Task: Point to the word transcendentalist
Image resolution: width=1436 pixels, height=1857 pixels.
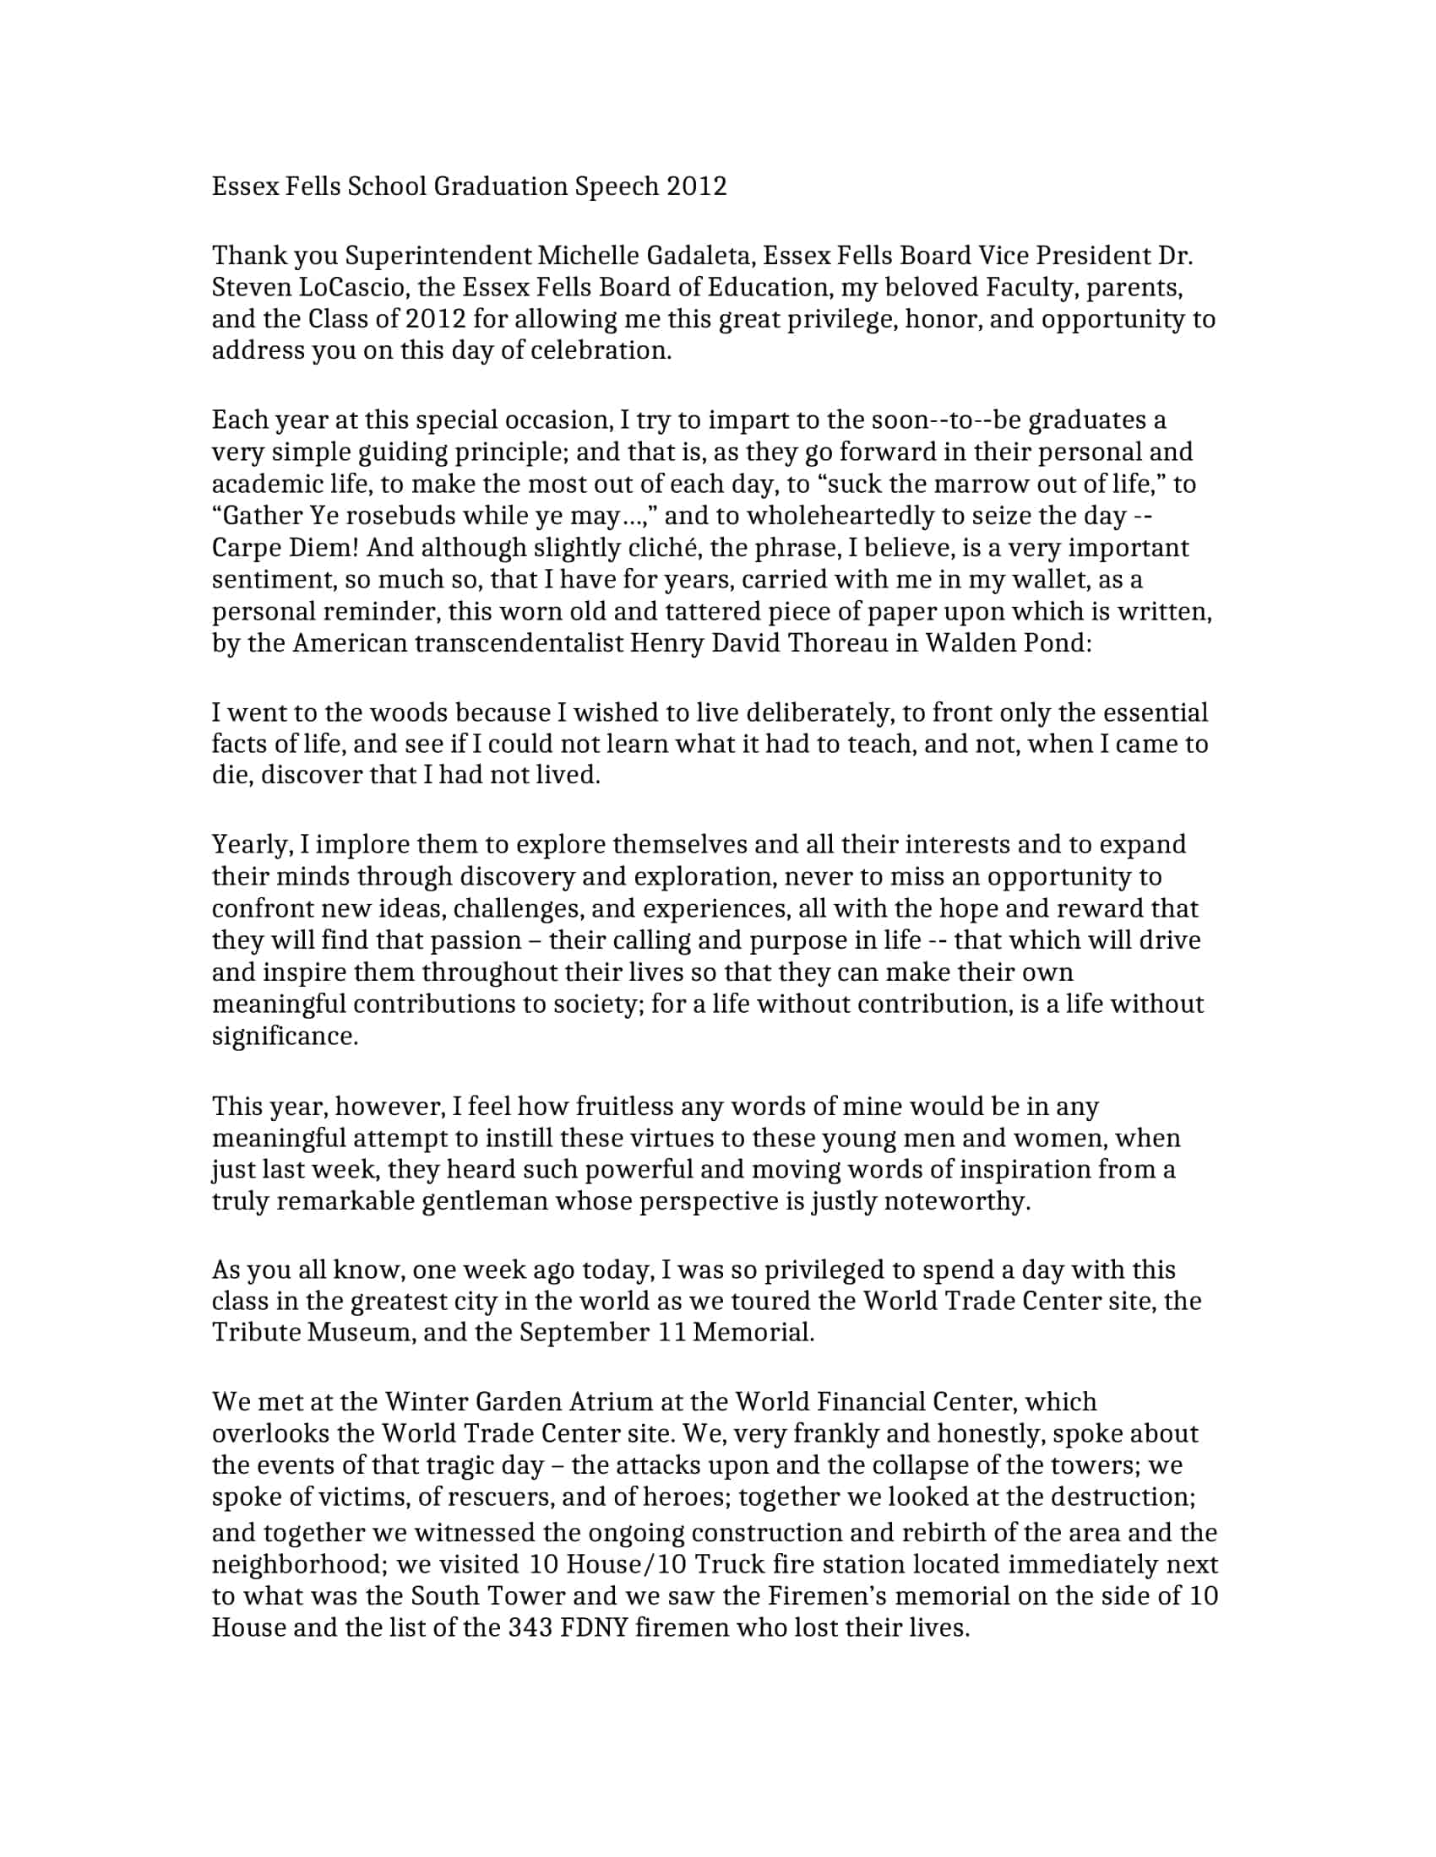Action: (519, 643)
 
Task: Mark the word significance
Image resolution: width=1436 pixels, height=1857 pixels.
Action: (285, 1037)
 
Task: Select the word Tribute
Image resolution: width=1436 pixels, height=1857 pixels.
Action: (255, 1332)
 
